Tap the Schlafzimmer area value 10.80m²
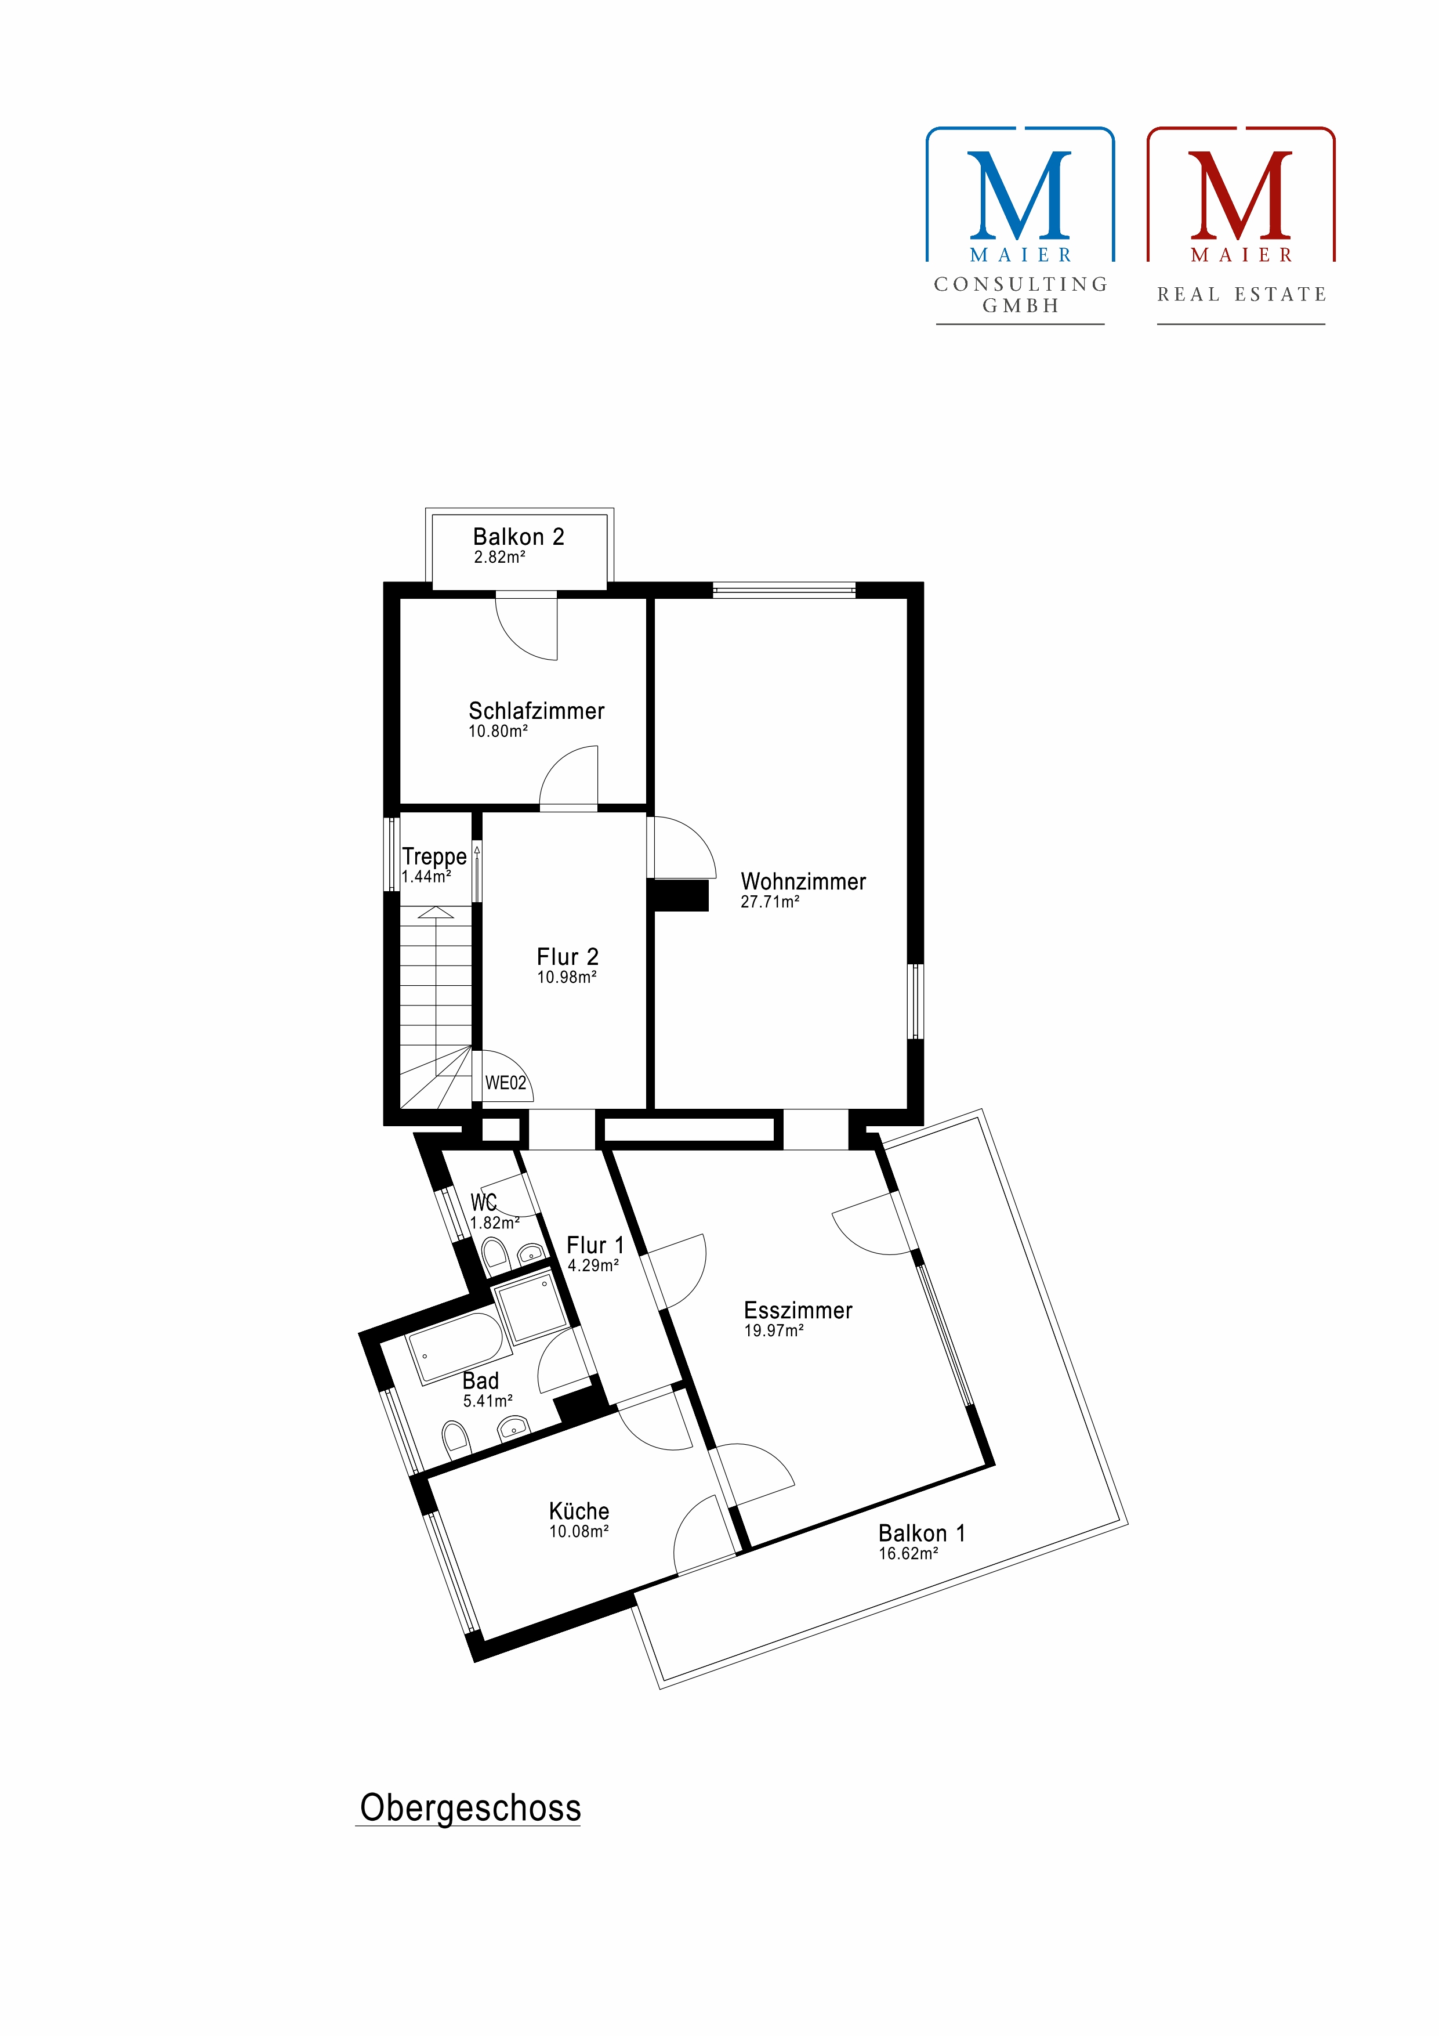[498, 732]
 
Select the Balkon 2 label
[519, 537]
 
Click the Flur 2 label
[567, 957]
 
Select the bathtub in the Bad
[458, 1348]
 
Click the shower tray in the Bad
[530, 1308]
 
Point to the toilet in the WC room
[495, 1253]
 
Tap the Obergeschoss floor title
[470, 1807]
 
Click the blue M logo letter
[1020, 195]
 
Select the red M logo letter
[1241, 195]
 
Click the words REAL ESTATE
[1241, 294]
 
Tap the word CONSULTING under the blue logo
[1020, 284]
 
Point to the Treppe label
[434, 856]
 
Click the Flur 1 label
[595, 1245]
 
